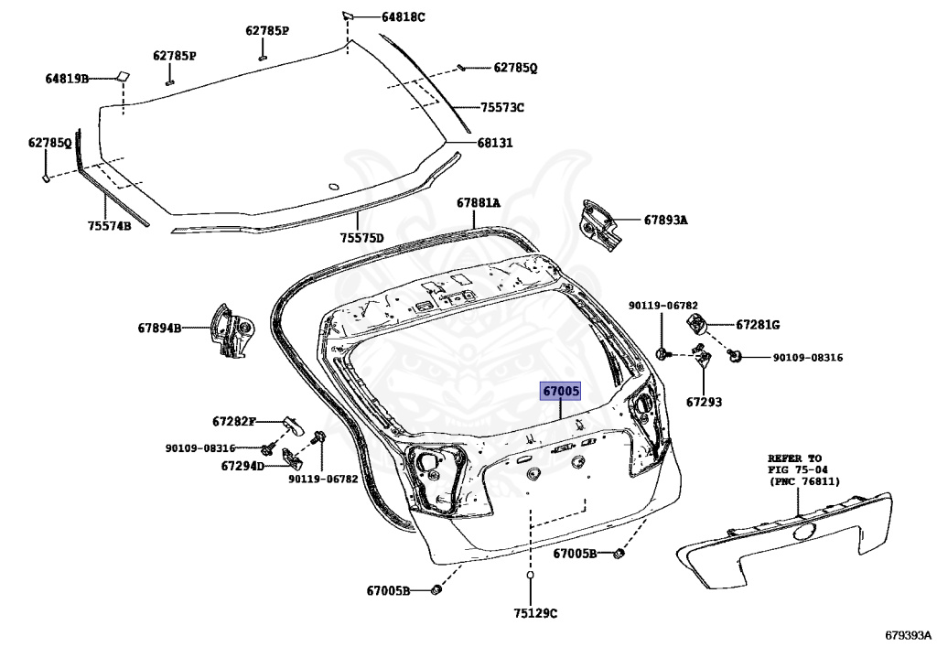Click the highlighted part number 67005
click(x=561, y=392)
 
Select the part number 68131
click(x=494, y=143)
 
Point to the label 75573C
click(x=502, y=107)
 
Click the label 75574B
click(x=109, y=225)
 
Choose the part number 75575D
click(x=361, y=238)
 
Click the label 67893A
click(x=665, y=220)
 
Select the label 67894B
click(x=160, y=327)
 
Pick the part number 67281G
click(x=758, y=324)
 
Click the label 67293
click(x=704, y=402)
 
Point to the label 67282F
click(x=233, y=421)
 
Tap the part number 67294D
click(x=242, y=466)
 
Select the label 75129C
click(x=535, y=612)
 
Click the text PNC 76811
click(x=804, y=481)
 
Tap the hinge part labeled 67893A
click(x=599, y=223)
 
